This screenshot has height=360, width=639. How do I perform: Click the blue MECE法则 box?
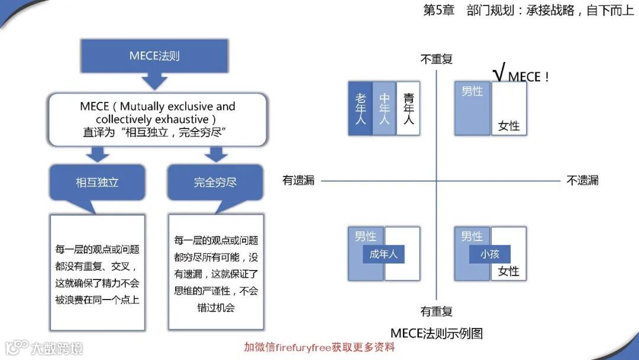154,56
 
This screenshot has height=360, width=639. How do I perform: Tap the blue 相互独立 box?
97,182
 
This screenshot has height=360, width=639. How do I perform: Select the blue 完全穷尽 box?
215,182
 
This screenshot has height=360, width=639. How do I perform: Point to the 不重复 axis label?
436,59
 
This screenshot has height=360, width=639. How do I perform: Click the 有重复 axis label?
436,311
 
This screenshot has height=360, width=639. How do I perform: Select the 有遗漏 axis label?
298,181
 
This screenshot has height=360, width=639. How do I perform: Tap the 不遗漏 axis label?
582,181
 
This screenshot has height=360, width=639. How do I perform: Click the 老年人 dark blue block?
360,108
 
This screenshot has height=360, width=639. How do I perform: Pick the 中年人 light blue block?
384,108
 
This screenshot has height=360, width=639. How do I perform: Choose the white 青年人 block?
408,108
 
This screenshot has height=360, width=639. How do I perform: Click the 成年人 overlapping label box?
383,255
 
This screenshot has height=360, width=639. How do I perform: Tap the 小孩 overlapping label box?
490,255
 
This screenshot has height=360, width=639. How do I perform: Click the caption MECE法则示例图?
437,333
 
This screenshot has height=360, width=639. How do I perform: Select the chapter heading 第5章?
438,10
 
